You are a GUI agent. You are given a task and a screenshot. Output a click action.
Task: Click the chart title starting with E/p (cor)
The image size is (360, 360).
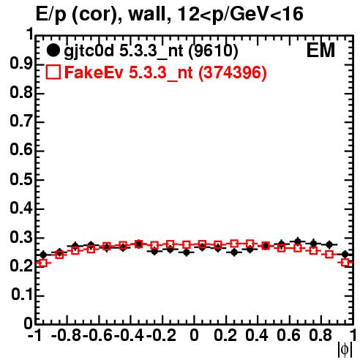[170, 14]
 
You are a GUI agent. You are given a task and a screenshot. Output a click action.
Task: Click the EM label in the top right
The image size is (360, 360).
[320, 50]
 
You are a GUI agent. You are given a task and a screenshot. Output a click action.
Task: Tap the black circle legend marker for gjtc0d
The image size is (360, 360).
[53, 50]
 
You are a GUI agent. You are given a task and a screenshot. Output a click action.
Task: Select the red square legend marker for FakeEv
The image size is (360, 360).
[53, 72]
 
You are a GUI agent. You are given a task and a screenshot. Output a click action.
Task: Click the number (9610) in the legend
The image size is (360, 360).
[213, 50]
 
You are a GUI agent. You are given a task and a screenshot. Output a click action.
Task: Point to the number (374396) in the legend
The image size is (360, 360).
[233, 72]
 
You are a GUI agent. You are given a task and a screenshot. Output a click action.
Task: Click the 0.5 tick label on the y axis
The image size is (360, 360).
[20, 180]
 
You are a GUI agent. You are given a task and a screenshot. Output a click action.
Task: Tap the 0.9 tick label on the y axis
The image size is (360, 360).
[20, 64]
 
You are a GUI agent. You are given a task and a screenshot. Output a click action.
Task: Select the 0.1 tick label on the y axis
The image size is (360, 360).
[21, 295]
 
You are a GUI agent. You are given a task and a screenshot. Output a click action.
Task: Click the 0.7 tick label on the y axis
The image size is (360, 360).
[20, 121]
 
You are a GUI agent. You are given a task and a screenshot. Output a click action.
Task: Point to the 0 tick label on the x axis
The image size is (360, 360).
[194, 335]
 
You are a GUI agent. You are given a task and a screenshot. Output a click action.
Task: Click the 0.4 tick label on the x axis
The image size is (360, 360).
[257, 335]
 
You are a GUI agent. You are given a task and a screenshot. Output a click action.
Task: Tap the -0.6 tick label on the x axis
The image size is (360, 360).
[97, 335]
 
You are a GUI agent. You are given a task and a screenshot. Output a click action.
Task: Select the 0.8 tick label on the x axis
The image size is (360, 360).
[320, 335]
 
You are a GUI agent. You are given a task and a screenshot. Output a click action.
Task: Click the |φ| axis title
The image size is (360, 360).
[345, 350]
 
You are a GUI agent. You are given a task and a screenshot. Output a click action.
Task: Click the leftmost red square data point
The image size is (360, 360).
[43, 263]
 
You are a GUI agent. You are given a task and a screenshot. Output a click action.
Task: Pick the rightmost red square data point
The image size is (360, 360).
[345, 263]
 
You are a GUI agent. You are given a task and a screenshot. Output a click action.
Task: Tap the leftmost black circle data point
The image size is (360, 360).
[43, 255]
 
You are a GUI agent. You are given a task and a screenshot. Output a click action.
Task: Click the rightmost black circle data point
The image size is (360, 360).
[345, 254]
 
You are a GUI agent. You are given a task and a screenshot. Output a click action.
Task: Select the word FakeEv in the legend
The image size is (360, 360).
[94, 72]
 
